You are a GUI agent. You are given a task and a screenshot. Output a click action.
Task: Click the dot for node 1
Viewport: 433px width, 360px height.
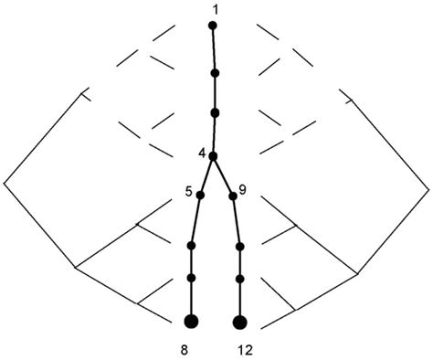tap(213, 26)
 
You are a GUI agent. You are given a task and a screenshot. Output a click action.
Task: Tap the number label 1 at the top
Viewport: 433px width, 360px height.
tap(214, 9)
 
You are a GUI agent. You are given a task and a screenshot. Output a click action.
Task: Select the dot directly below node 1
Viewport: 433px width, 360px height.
tap(215, 72)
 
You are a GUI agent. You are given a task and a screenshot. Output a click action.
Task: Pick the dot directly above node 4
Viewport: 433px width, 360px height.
tap(215, 112)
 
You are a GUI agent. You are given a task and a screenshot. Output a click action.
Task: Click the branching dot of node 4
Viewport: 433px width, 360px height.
tap(213, 156)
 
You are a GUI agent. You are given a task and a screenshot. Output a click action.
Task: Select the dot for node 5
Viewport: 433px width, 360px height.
tap(200, 195)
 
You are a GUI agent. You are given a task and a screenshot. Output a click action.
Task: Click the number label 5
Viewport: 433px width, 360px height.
tap(187, 191)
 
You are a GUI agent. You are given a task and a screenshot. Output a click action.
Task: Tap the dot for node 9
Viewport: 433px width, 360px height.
tap(233, 196)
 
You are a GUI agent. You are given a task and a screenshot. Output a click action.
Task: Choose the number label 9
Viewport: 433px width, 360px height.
tap(242, 190)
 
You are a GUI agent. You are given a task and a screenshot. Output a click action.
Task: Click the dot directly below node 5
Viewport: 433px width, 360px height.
tap(192, 246)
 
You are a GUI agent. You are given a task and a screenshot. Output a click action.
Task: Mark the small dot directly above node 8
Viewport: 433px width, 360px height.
tap(192, 278)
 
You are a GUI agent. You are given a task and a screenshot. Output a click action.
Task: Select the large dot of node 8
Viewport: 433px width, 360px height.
tap(192, 321)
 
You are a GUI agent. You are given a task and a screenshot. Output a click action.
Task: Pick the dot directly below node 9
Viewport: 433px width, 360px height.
tap(239, 246)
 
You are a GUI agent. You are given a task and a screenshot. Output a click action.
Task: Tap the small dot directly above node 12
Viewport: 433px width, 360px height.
tap(239, 278)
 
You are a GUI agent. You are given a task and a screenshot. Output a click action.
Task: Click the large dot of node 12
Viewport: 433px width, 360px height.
tap(240, 322)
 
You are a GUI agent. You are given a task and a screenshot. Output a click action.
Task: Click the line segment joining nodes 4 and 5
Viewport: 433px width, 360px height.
tap(206, 175)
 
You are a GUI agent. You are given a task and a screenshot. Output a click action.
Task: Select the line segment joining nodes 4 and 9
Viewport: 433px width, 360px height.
tap(223, 175)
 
